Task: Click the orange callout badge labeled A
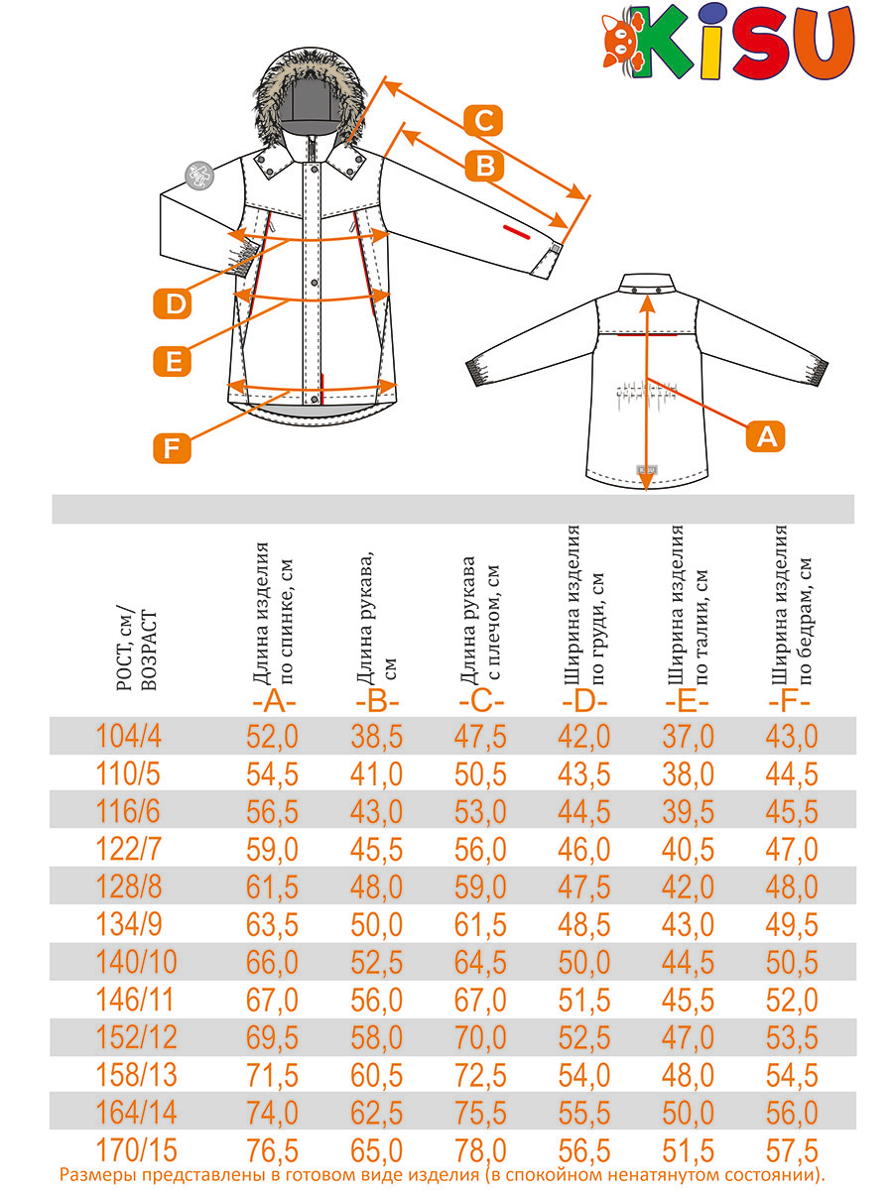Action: [x=765, y=436]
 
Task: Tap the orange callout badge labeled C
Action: [x=483, y=120]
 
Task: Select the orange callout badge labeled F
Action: [x=172, y=447]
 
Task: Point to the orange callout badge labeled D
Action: [x=173, y=304]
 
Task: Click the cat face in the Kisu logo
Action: [x=622, y=41]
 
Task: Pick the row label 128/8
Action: [x=129, y=888]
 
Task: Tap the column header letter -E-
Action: [x=688, y=703]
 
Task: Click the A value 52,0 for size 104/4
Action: [x=272, y=737]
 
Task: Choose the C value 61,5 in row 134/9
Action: [x=480, y=925]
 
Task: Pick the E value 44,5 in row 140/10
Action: [x=688, y=963]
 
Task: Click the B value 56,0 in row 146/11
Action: [x=376, y=1001]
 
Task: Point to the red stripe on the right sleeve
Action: [x=517, y=231]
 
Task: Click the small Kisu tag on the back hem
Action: [x=646, y=469]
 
